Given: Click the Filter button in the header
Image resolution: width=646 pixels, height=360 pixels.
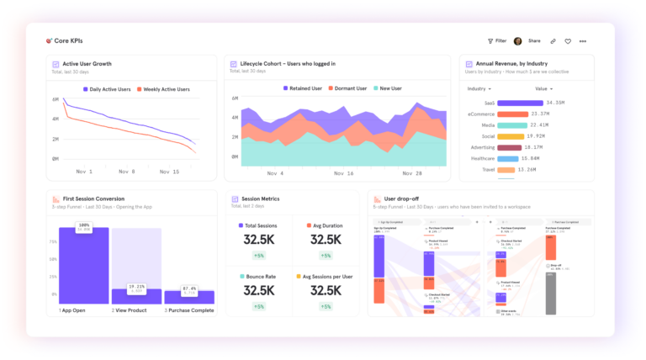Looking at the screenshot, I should tap(497, 40).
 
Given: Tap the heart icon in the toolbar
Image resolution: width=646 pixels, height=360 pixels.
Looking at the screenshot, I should tap(568, 40).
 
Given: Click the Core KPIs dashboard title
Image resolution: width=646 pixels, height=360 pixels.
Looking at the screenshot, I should tap(68, 40).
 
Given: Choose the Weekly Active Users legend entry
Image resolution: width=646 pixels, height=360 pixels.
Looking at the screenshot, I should tap(163, 88).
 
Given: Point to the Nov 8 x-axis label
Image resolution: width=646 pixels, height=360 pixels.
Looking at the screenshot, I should tap(126, 172).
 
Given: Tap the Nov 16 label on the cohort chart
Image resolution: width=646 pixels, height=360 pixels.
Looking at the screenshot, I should tap(343, 173).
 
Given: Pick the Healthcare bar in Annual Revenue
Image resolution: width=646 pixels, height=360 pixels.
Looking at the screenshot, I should tap(508, 158).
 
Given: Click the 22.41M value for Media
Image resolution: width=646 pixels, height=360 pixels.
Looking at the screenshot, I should tap(539, 124).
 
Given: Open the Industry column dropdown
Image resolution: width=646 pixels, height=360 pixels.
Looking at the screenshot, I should tap(479, 88).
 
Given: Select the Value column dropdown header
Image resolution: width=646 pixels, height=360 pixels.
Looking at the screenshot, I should tap(543, 88).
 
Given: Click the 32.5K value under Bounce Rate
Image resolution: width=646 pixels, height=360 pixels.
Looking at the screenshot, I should tap(259, 290).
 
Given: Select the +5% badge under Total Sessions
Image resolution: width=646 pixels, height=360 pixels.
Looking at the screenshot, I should tap(259, 256).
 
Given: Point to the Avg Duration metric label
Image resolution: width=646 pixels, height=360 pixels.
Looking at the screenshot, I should tap(329, 225).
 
